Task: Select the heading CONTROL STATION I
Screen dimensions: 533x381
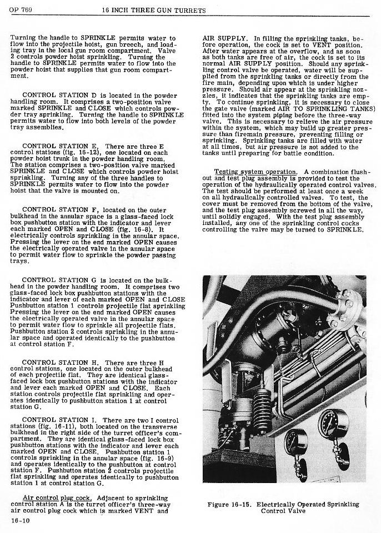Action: pyautogui.click(x=60, y=420)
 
